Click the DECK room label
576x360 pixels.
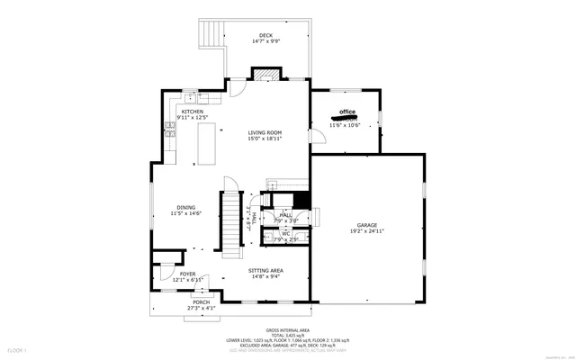point(265,35)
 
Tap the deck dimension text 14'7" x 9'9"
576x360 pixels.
point(265,41)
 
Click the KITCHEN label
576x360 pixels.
point(193,112)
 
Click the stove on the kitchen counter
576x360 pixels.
point(169,132)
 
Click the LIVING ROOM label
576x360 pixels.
point(265,133)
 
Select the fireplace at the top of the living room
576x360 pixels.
point(263,76)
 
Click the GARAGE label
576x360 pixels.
point(366,225)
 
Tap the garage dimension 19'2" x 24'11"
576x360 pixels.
point(366,231)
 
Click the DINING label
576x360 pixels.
point(186,207)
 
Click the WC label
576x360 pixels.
point(285,233)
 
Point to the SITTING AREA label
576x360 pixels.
point(265,270)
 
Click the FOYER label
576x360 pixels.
point(187,274)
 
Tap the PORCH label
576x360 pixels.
point(201,302)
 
